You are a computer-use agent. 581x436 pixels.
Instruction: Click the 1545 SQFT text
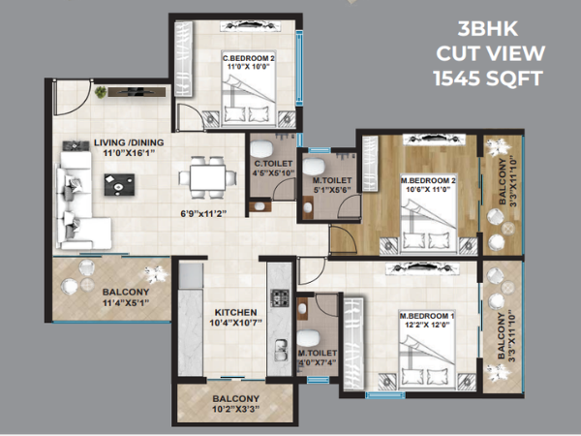click(x=488, y=78)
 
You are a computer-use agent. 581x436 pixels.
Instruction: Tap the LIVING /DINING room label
click(x=129, y=142)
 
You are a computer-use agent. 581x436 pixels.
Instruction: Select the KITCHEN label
click(x=235, y=313)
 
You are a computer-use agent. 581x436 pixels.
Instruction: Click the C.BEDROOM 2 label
click(x=248, y=58)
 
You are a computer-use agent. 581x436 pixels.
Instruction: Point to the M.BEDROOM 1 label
click(x=427, y=316)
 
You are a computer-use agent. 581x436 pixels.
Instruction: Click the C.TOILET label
click(x=273, y=164)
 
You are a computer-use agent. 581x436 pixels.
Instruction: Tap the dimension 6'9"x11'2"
click(x=203, y=214)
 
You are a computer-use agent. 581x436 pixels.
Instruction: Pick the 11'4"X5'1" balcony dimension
click(x=126, y=303)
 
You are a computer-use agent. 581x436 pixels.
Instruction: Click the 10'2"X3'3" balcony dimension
click(x=235, y=409)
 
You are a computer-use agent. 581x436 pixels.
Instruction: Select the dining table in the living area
click(x=207, y=177)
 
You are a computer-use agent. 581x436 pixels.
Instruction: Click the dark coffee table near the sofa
click(x=119, y=185)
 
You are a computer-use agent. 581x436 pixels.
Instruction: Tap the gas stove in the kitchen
click(x=280, y=297)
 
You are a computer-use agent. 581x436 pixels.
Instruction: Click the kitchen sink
click(x=281, y=351)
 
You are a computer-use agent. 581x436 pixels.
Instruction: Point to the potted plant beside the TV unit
click(x=101, y=92)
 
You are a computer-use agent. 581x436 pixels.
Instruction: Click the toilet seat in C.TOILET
click(x=261, y=148)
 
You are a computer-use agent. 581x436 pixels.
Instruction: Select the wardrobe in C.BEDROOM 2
click(x=183, y=59)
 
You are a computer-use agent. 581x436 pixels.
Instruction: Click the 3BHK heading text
click(x=488, y=28)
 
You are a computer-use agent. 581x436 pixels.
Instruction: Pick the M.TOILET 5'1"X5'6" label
click(x=331, y=185)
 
